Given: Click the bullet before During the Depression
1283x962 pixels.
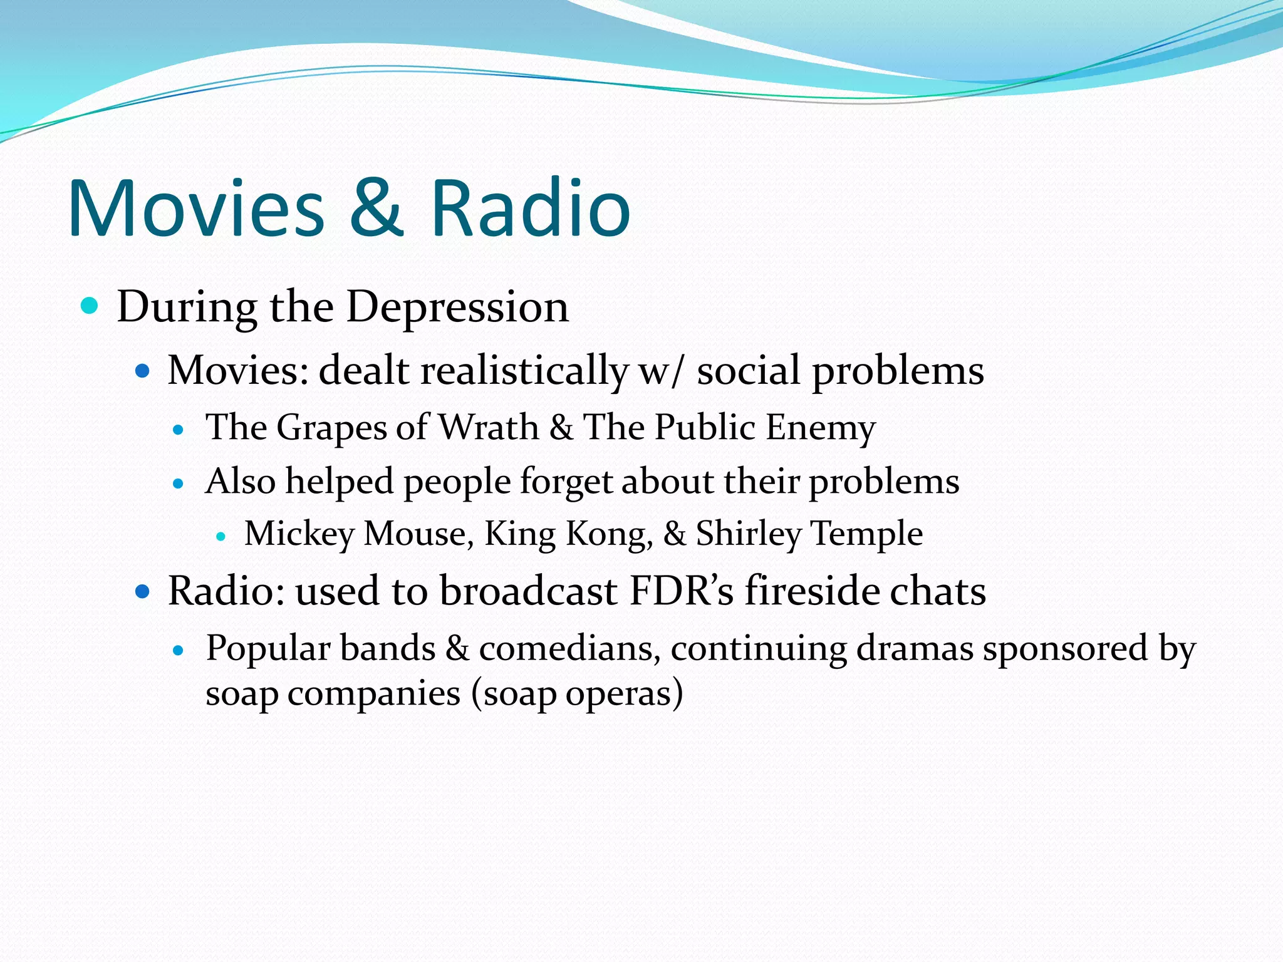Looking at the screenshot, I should click(x=90, y=306).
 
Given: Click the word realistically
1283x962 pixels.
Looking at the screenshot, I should click(x=524, y=371).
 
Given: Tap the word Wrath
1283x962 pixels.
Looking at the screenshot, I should click(x=488, y=428).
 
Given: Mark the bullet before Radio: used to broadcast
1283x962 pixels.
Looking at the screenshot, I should click(x=143, y=591).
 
